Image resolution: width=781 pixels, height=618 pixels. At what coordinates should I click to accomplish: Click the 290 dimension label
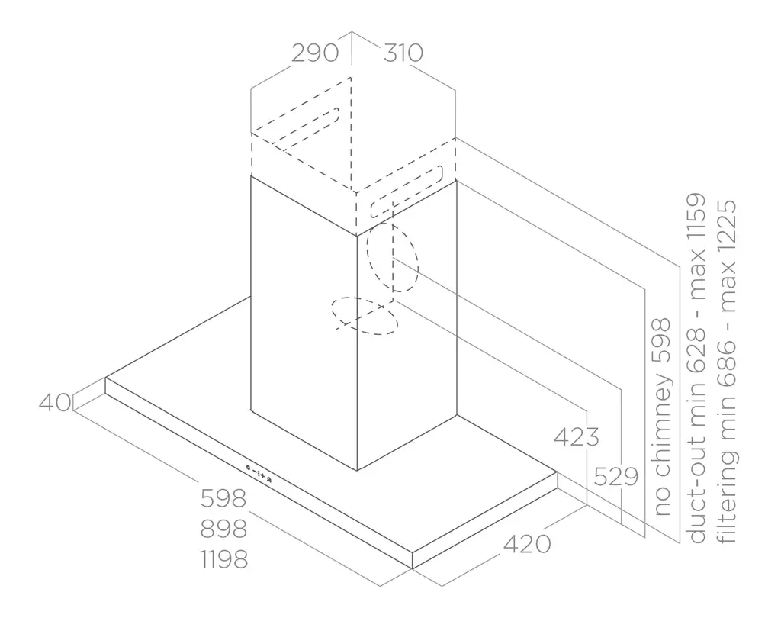click(x=315, y=53)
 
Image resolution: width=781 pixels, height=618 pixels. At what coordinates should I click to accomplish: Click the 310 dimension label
click(x=403, y=53)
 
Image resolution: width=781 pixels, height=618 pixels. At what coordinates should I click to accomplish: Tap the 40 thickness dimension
click(x=55, y=403)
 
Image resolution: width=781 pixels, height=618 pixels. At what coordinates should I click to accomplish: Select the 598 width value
click(x=223, y=498)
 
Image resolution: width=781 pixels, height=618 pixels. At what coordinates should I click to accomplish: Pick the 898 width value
click(x=223, y=529)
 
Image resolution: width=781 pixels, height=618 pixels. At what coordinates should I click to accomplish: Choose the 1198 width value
click(x=225, y=559)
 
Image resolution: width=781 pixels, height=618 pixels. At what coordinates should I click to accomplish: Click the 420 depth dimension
click(x=527, y=544)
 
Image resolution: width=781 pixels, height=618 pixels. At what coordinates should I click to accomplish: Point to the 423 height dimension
click(x=577, y=437)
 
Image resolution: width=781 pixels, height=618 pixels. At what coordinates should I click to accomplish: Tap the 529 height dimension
click(x=616, y=477)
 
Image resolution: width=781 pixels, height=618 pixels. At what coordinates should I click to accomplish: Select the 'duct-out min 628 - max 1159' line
click(x=696, y=368)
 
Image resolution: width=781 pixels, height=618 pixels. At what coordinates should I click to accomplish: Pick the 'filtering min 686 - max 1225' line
click(x=726, y=372)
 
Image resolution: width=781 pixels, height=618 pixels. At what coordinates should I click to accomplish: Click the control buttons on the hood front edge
click(x=259, y=473)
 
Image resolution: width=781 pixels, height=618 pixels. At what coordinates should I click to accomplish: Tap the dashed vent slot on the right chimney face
click(x=406, y=192)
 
